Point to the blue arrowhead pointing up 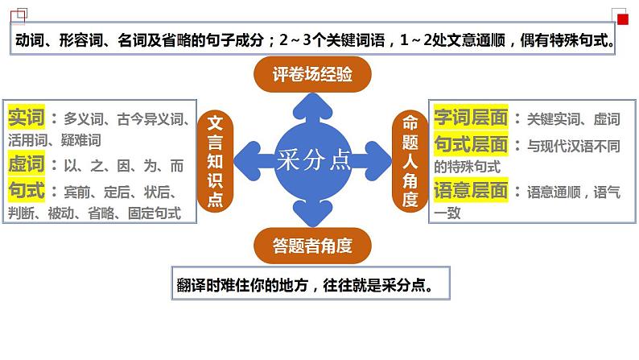313,103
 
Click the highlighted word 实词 27,118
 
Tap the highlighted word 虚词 27,164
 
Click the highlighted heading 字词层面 471,118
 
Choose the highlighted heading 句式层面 471,145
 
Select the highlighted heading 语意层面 471,192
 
